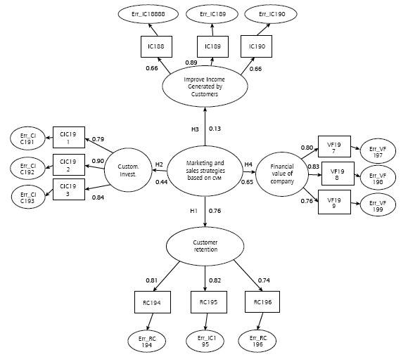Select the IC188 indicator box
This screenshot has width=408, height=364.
pos(153,47)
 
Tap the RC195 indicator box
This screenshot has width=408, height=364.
pos(205,304)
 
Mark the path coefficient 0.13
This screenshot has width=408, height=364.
pos(215,129)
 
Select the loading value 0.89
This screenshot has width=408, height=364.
pos(191,63)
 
